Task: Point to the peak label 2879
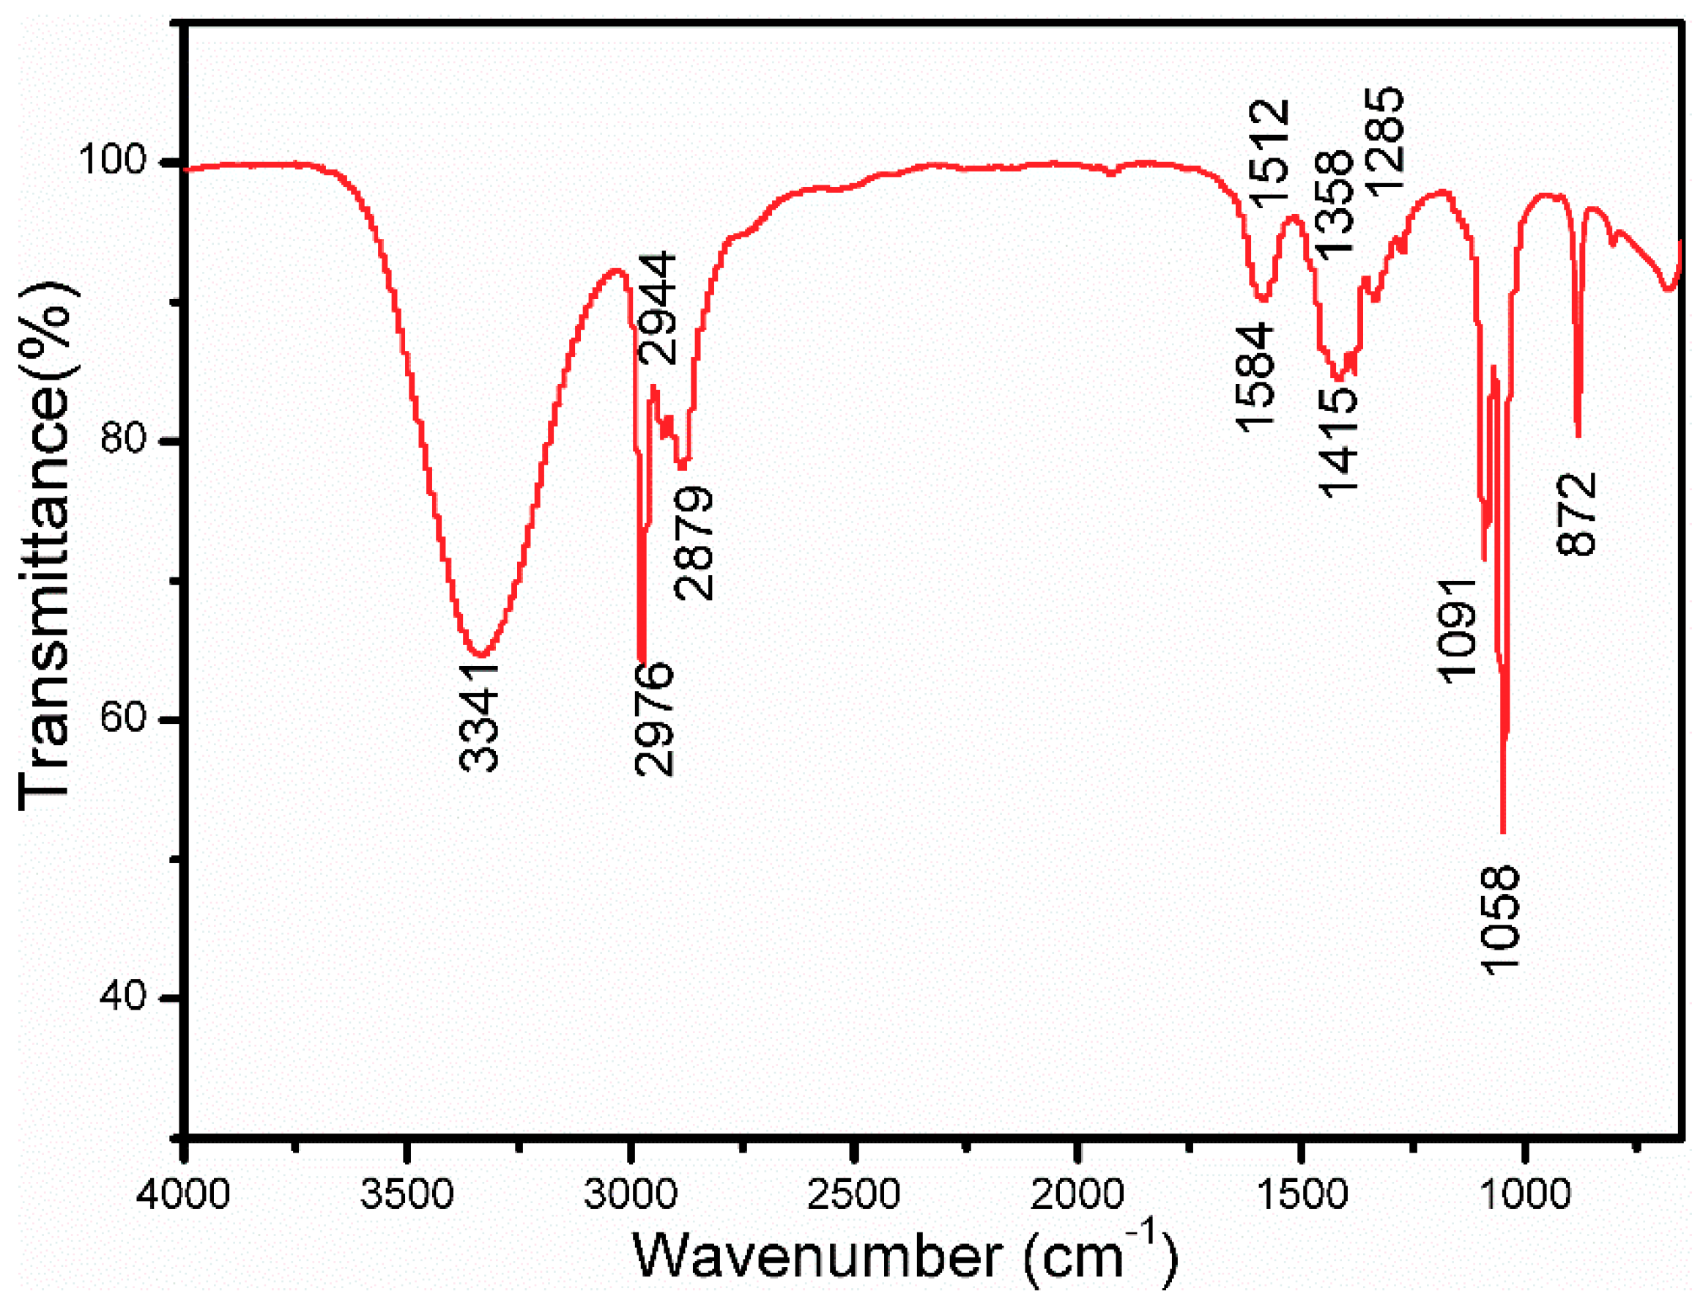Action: click(x=694, y=543)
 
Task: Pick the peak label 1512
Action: click(x=1272, y=155)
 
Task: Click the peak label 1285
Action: click(x=1384, y=139)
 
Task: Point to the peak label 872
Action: click(x=1577, y=514)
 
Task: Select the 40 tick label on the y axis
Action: click(x=124, y=997)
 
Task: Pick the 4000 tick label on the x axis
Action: click(x=183, y=1194)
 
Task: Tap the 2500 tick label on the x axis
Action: click(x=853, y=1194)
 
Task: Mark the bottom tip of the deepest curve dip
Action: click(x=1502, y=832)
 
